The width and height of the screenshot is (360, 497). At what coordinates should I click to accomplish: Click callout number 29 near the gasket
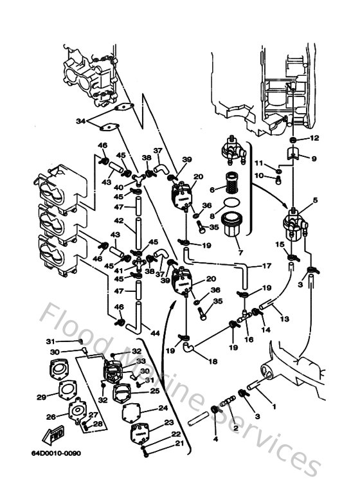tap(42, 397)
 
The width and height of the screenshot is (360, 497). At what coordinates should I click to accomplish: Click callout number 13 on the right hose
tap(283, 318)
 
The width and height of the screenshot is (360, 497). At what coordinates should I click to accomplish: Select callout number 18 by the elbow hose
tap(213, 362)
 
